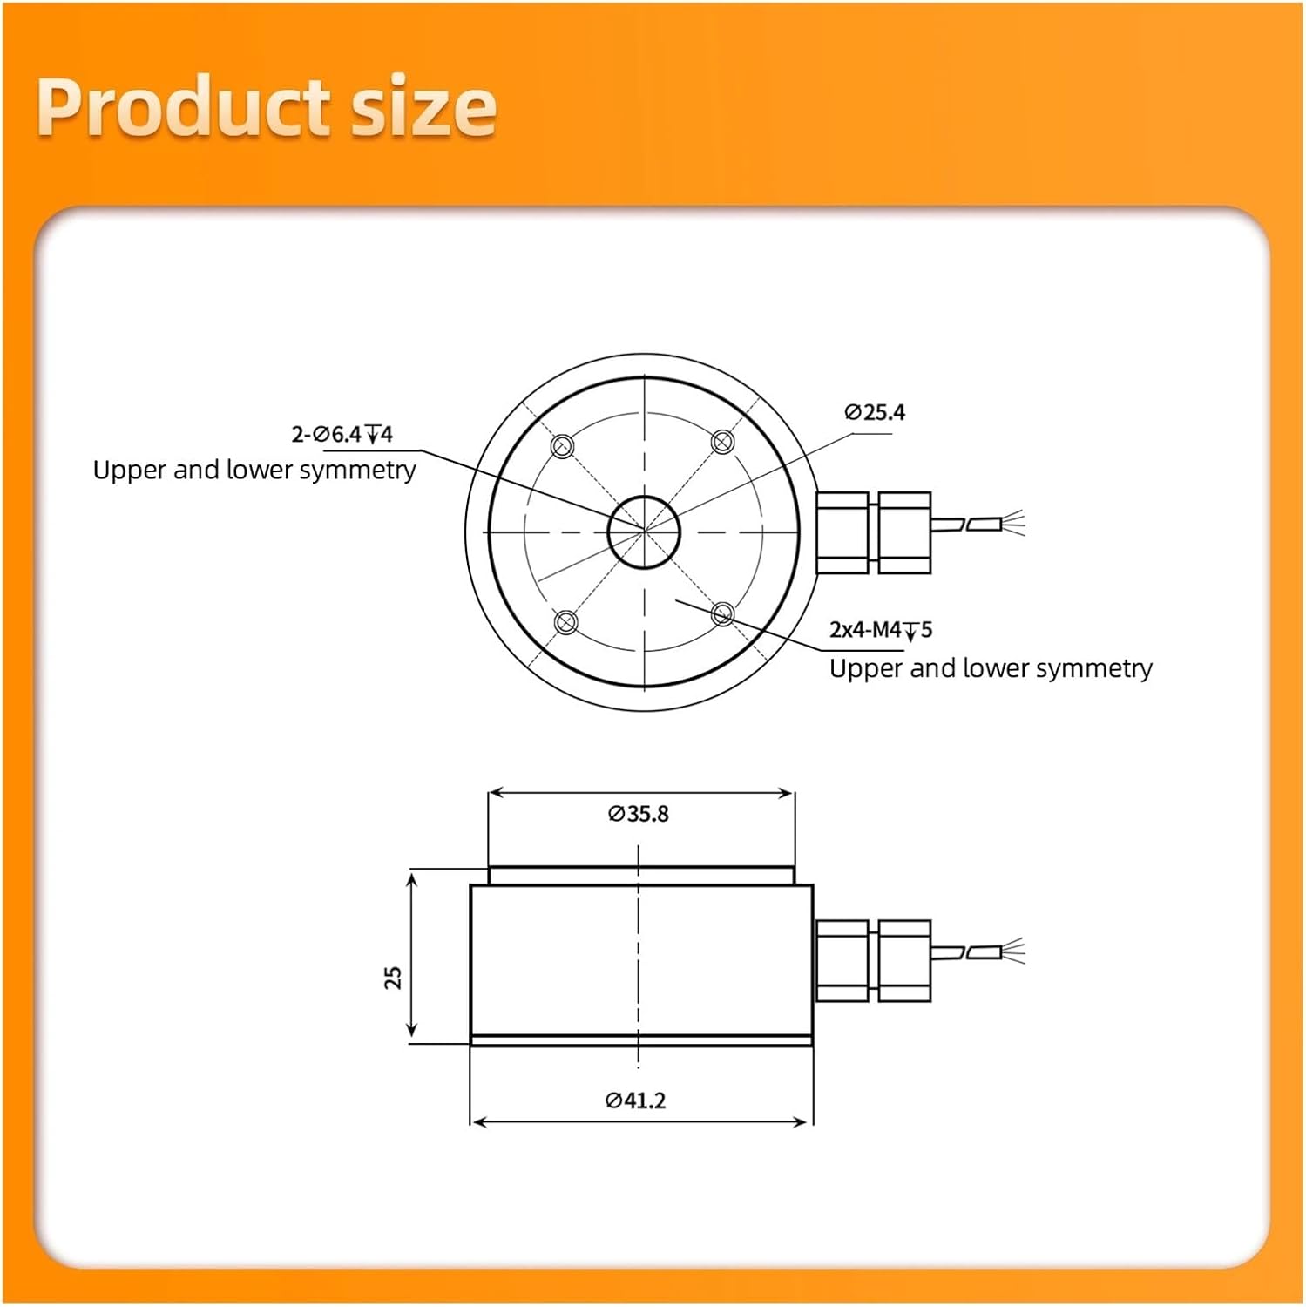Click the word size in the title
point(423,108)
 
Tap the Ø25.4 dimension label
point(875,412)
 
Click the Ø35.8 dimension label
point(639,814)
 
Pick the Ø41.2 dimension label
point(636,1100)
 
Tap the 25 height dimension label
point(394,977)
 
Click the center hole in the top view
point(644,531)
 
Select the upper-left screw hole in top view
point(563,446)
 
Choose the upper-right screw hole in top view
point(722,442)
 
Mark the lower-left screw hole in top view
point(565,622)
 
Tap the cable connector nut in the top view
point(873,532)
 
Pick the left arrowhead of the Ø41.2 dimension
point(476,1122)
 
